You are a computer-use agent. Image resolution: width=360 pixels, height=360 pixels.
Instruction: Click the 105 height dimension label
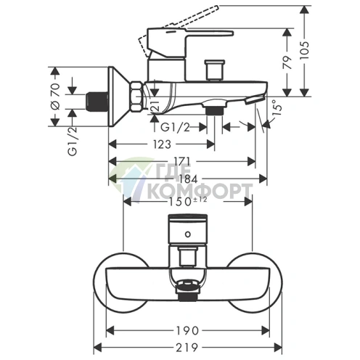tap(306, 51)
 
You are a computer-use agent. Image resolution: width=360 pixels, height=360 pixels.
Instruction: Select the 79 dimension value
tap(287, 62)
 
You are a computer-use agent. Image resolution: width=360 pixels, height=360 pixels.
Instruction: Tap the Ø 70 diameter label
tap(55, 97)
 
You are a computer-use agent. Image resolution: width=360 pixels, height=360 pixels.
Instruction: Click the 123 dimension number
tap(162, 144)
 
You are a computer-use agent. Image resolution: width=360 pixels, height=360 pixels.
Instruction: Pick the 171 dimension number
tap(180, 161)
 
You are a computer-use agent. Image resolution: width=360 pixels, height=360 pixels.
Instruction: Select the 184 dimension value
tap(188, 179)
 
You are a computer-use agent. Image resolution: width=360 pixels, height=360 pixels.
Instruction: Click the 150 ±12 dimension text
tap(188, 201)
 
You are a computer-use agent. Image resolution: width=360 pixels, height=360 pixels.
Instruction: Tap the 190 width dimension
tap(187, 331)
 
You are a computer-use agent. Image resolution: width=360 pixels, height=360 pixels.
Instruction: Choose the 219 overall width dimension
tap(187, 348)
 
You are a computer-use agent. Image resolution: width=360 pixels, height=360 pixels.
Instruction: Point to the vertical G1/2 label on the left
tap(73, 142)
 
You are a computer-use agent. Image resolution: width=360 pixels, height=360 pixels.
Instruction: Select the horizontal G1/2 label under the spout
tap(176, 128)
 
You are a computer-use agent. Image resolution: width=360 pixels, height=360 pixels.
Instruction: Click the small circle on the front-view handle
tap(188, 234)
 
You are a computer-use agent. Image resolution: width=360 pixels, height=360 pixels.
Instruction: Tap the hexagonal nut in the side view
tap(136, 97)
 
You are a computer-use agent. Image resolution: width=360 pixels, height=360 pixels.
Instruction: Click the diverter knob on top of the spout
tap(214, 70)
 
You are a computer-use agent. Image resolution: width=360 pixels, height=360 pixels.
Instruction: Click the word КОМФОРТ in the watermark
tap(200, 191)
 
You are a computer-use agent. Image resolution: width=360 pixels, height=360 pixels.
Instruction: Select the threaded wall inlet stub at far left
tap(97, 99)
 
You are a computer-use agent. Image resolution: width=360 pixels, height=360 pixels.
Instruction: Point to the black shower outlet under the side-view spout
tap(213, 111)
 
